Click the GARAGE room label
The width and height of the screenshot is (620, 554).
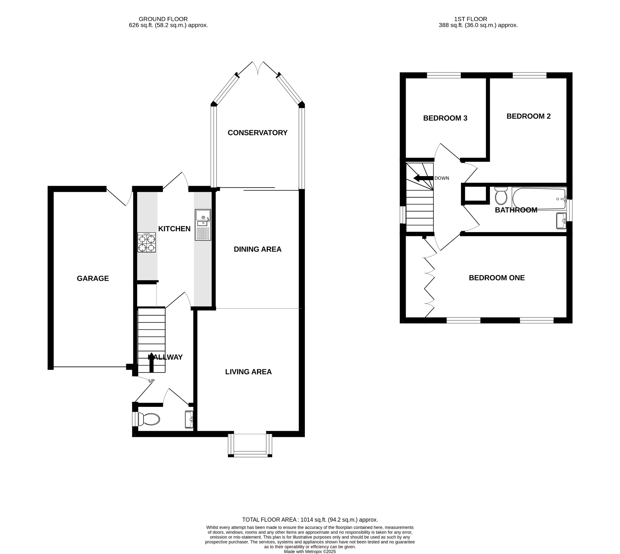click(x=93, y=278)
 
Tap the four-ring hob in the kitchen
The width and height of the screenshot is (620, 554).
click(x=147, y=242)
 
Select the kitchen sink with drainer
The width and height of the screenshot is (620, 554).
click(x=203, y=225)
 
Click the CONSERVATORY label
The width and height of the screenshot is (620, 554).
click(x=257, y=133)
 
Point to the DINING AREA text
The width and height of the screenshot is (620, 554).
click(x=257, y=249)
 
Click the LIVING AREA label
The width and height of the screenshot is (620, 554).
click(x=248, y=372)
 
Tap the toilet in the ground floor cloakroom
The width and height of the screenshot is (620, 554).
click(x=148, y=419)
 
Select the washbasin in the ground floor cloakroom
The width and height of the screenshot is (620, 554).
click(x=189, y=419)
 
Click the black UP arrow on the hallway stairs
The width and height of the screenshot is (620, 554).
click(x=151, y=362)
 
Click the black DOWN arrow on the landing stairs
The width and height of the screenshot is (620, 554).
click(x=423, y=178)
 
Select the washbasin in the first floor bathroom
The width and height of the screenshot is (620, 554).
click(x=561, y=221)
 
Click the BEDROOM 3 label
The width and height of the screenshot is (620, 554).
click(x=445, y=118)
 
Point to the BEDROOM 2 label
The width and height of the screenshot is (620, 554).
click(x=528, y=116)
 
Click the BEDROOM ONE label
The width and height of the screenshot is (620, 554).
click(x=496, y=278)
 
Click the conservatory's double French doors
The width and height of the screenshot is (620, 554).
click(x=258, y=68)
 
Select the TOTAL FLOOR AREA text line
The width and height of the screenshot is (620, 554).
click(x=310, y=511)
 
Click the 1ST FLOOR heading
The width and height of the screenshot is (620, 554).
click(x=470, y=19)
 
